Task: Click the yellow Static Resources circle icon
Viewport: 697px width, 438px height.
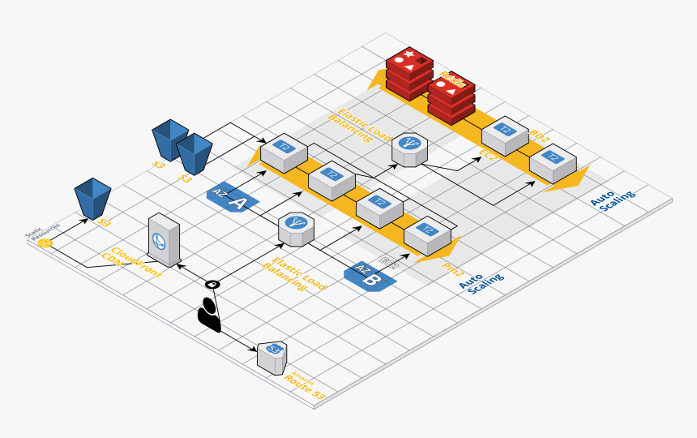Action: tap(45, 242)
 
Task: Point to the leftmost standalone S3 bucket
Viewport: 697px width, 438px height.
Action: tap(92, 199)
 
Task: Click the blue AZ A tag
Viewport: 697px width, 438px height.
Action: tap(233, 198)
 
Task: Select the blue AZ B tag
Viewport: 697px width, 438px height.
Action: tap(370, 275)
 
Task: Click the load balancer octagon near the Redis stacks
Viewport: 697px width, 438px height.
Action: tap(410, 151)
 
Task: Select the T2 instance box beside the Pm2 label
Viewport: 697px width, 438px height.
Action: tap(426, 236)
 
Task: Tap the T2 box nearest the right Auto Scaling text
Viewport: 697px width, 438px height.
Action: tap(553, 163)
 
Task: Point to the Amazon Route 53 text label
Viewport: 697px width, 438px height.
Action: tap(304, 388)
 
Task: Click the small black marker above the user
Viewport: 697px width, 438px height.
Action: tap(212, 284)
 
